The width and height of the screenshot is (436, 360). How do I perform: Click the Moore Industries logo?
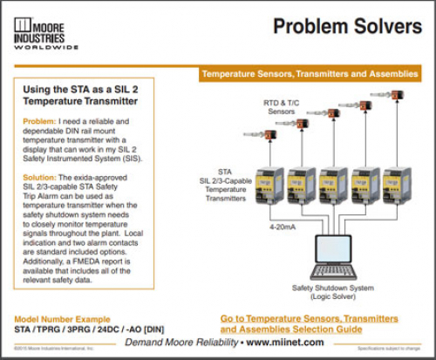pos(43,32)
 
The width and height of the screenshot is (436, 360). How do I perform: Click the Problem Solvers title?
pos(344,28)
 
